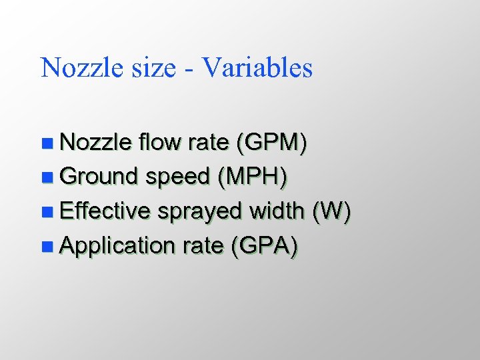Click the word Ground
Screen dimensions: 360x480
[x=99, y=177]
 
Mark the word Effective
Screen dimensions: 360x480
[x=105, y=211]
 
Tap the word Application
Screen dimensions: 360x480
[x=117, y=247]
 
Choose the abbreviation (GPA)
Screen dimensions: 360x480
[x=263, y=247]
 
